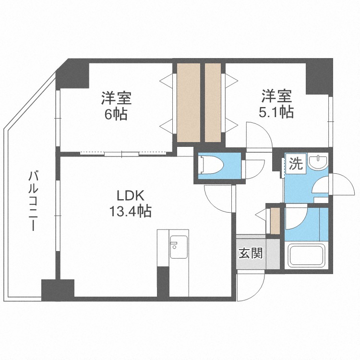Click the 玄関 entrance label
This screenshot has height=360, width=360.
coord(251,253)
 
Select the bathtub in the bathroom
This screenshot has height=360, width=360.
coord(307,255)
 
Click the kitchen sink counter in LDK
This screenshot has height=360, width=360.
coord(178,247)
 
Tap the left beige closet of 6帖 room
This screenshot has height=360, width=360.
coord(188,102)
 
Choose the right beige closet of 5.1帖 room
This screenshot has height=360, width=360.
coord(212,102)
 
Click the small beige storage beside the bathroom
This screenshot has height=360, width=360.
coord(275,219)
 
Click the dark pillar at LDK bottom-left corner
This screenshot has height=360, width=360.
coord(58,289)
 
